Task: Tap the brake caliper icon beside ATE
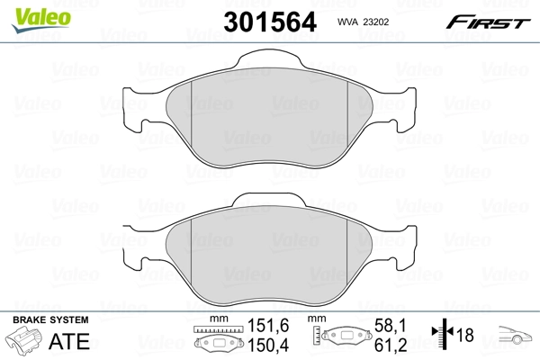[24, 342]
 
